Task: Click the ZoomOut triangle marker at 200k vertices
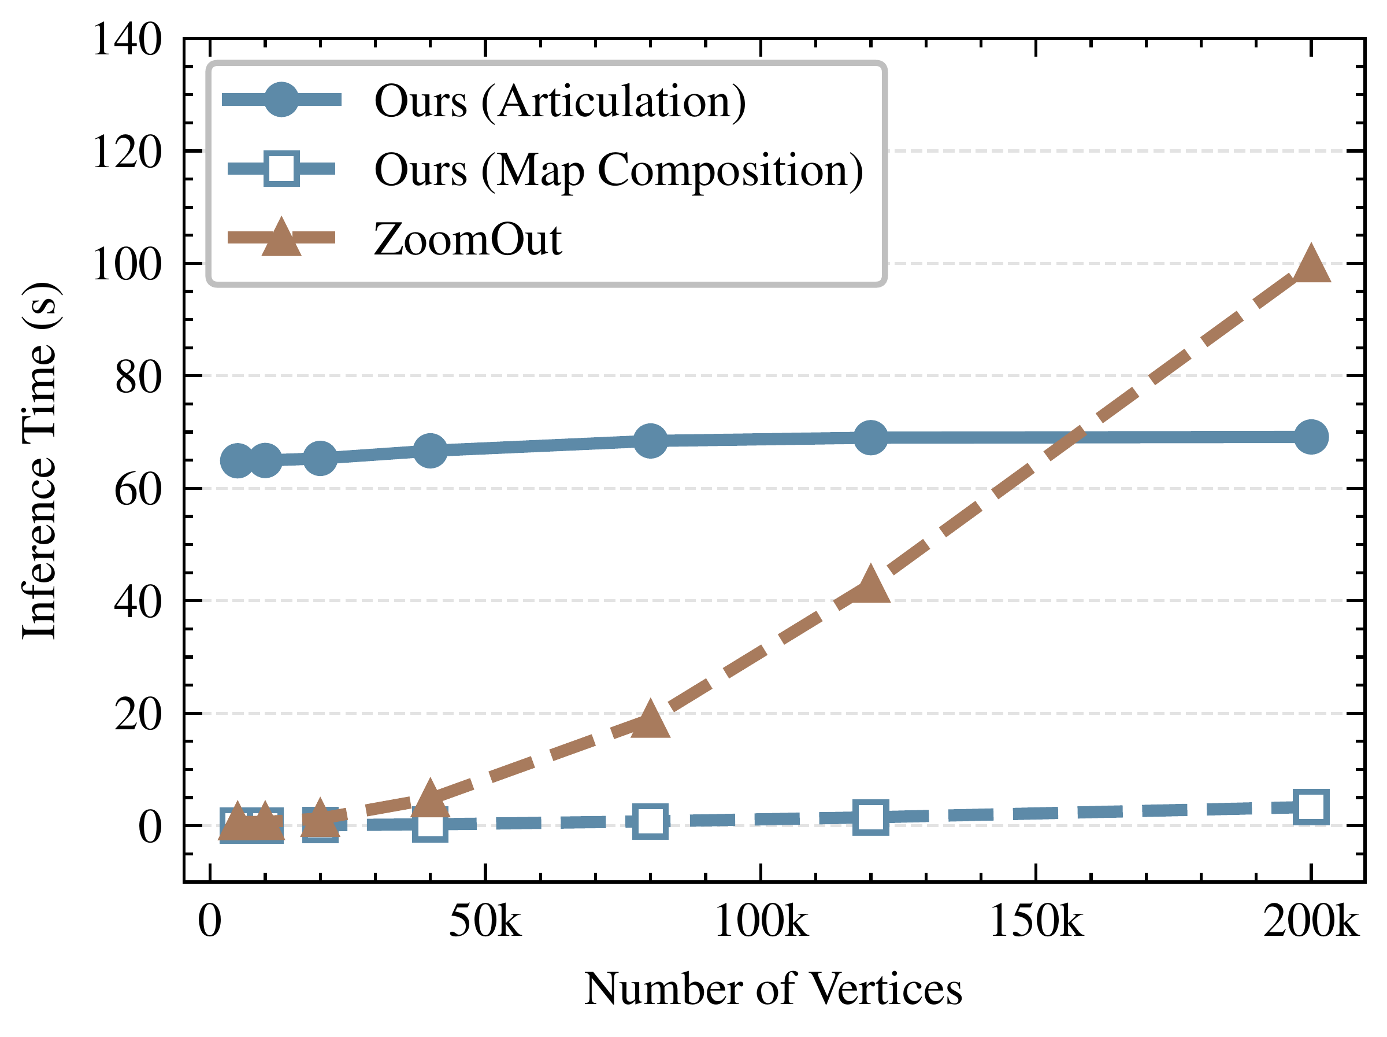1311,265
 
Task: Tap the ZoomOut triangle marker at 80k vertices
650,719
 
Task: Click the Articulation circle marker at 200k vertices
1311,437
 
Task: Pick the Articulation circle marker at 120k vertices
871,437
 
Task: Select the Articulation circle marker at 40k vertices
430,450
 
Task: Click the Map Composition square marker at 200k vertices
1311,807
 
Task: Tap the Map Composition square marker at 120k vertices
871,817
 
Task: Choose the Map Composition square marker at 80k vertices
650,821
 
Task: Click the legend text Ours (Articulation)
560,102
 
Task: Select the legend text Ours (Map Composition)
619,171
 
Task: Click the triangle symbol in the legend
281,238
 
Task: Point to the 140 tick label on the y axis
127,39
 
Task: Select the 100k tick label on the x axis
761,921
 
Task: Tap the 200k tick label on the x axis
1311,921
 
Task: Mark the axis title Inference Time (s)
40,460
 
